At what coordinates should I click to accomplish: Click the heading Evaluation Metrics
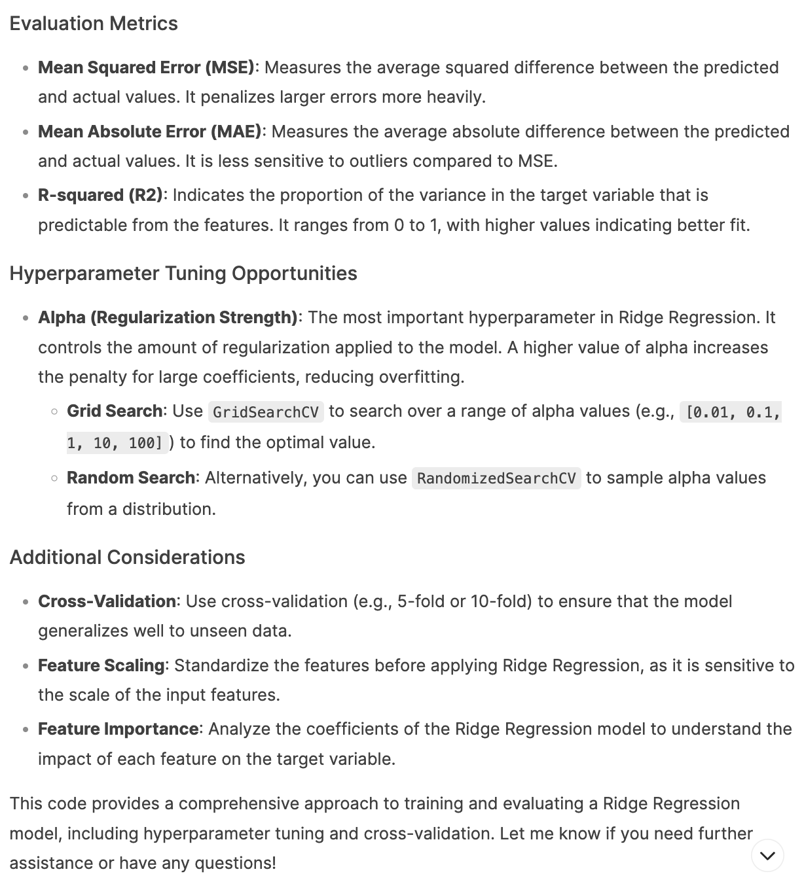[94, 24]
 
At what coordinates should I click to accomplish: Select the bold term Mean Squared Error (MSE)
[146, 67]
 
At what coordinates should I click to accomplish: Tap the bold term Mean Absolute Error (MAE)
[149, 132]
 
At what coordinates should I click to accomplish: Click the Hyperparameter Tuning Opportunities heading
[183, 273]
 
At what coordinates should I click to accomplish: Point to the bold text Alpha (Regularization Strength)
[168, 318]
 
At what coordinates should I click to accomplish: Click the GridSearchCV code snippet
[266, 412]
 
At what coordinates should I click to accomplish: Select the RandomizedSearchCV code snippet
[496, 479]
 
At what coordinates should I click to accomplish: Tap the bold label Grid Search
[115, 412]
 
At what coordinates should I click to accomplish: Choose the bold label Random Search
[131, 478]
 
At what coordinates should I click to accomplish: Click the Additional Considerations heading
[127, 557]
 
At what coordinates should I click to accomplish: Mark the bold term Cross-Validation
[107, 601]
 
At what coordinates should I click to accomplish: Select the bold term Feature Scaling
[101, 665]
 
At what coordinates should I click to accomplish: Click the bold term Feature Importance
[118, 729]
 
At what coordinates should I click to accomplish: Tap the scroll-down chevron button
[767, 856]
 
